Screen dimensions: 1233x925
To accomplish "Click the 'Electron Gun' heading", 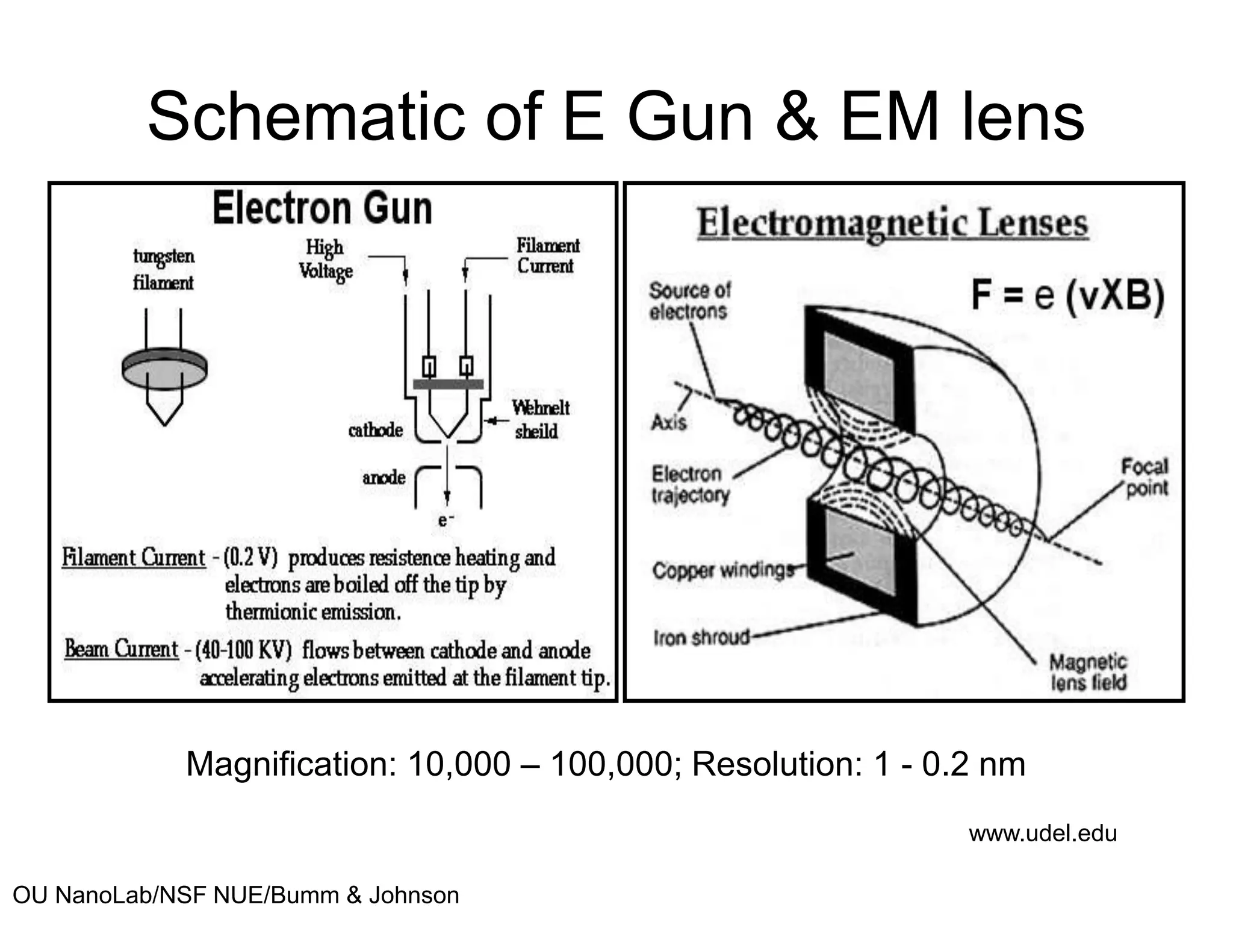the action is coord(322,208).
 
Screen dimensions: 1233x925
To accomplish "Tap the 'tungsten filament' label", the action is coord(163,269).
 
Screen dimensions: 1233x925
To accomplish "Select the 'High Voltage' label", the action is coord(325,259).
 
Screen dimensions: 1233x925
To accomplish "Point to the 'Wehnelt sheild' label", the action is coord(539,420).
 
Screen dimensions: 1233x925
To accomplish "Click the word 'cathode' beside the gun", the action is coord(375,430).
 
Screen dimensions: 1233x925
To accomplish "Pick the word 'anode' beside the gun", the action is coord(384,478).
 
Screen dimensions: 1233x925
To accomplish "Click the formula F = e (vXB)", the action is coord(1067,296).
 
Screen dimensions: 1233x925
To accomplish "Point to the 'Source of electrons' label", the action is coord(689,301).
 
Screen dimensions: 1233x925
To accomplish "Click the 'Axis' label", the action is coord(668,422).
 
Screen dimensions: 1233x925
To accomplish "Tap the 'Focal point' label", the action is coord(1145,477).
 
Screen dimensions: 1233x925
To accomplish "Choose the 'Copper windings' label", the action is coord(723,570).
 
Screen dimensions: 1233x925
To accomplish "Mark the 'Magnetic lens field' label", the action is coord(1088,672).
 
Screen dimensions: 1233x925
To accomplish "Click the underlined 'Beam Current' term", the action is coord(122,649).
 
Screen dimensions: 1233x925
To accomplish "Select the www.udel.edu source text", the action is coord(1042,833).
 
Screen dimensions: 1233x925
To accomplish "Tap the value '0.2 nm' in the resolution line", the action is coord(973,764).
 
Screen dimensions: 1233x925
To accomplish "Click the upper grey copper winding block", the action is coord(859,370).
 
